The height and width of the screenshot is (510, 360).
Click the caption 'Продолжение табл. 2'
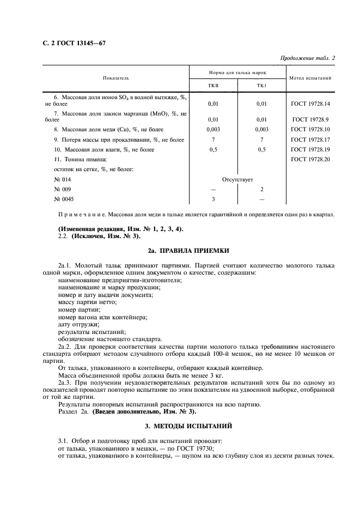click(x=308, y=58)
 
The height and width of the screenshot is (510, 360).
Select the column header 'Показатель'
click(x=116, y=78)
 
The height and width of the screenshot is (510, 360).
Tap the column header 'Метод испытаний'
click(x=310, y=78)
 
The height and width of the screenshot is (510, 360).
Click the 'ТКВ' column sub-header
click(x=213, y=86)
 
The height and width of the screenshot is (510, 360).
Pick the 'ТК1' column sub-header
click(x=261, y=86)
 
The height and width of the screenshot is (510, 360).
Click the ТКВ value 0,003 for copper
click(x=213, y=129)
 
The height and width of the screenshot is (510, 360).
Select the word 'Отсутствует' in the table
click(x=237, y=179)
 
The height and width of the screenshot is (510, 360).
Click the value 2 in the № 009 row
click(x=261, y=189)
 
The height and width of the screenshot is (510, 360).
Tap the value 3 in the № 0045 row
click(x=213, y=199)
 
